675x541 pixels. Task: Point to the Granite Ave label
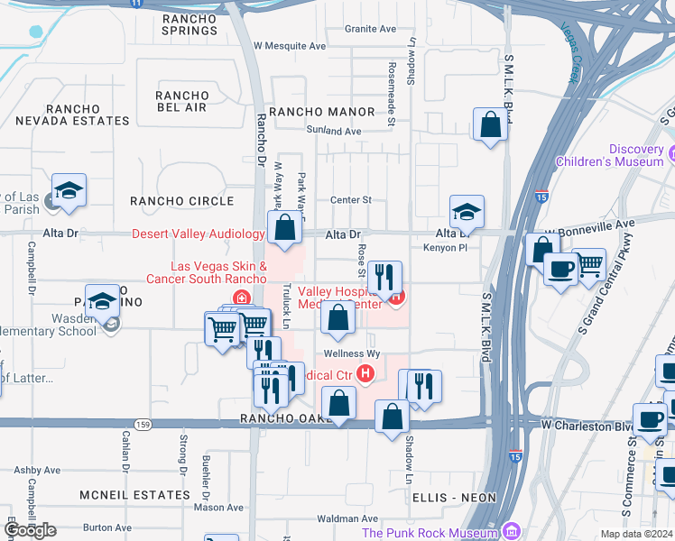370,29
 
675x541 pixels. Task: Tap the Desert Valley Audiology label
199,234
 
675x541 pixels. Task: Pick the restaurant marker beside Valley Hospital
384,278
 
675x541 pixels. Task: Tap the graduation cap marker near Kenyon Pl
467,212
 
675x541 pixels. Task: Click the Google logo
31,530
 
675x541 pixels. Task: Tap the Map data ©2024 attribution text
635,534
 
